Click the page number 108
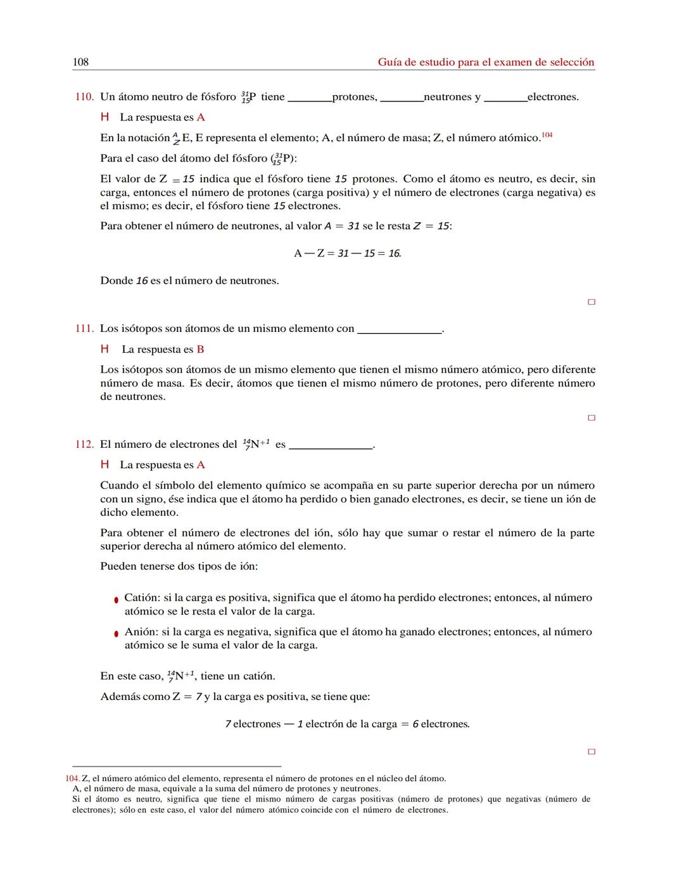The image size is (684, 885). (x=80, y=62)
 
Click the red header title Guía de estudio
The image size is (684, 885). (x=486, y=62)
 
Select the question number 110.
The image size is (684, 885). (x=84, y=97)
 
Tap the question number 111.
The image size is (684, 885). (x=84, y=329)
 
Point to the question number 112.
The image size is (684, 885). (x=84, y=445)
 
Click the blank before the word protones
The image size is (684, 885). (x=310, y=99)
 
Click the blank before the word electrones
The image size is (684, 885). (x=505, y=99)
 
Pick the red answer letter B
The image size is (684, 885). (x=200, y=350)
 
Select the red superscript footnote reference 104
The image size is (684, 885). (x=547, y=135)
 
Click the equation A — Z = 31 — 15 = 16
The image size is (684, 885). (x=347, y=253)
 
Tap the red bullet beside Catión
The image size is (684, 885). (x=116, y=599)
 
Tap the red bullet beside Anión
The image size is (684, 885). (x=116, y=634)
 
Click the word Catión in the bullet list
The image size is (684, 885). (x=142, y=598)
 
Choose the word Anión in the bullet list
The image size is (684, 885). (x=141, y=632)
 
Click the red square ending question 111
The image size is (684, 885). (x=592, y=418)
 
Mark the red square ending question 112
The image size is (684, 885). (x=592, y=752)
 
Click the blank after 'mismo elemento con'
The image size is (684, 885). (x=399, y=331)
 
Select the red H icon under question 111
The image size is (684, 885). (x=105, y=349)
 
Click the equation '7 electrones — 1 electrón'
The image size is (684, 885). (x=347, y=724)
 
